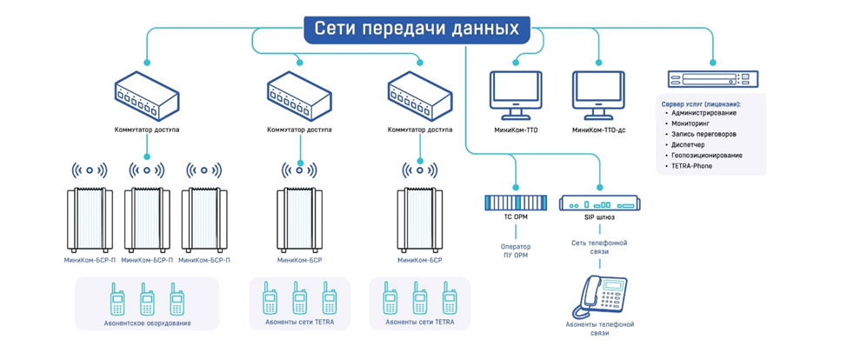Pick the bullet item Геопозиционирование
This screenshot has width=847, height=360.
[707, 155]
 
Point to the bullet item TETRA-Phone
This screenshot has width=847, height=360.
[691, 165]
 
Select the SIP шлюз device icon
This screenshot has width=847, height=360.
[599, 203]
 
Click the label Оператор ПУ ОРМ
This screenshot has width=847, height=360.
[516, 251]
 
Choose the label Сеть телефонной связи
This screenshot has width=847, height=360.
[599, 247]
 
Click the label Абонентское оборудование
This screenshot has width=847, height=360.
[147, 323]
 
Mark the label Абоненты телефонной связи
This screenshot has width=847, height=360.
[599, 328]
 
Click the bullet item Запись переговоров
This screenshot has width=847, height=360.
[704, 134]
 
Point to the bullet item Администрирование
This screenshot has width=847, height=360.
[704, 113]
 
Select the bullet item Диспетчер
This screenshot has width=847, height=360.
[688, 144]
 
